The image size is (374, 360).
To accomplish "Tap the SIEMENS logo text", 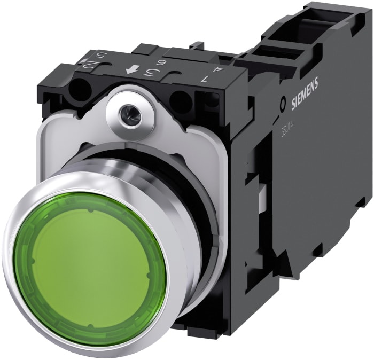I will click(305, 93).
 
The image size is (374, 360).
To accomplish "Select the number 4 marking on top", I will click(215, 68).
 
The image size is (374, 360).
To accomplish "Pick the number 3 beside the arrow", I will click(151, 73).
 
